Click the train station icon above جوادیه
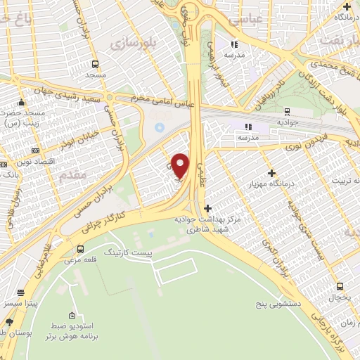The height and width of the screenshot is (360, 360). [x=288, y=111]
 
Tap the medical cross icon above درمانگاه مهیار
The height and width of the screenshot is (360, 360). [x=271, y=173]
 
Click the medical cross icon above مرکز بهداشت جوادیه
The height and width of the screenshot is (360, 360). [x=207, y=208]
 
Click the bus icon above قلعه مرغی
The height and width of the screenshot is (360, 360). [x=80, y=249]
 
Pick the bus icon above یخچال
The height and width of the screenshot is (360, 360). [x=340, y=286]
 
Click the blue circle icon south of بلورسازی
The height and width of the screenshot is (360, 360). [x=159, y=127]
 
